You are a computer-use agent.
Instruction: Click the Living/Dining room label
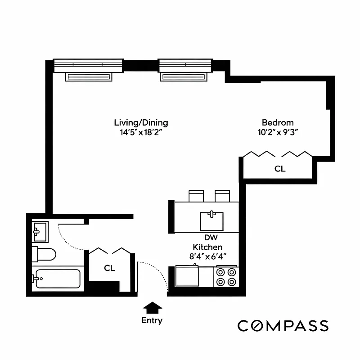[x=141, y=122]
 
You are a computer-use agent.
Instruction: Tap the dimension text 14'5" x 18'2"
[x=141, y=132]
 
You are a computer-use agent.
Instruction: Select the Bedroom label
[x=278, y=122]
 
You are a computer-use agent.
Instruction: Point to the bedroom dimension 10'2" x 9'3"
[x=278, y=132]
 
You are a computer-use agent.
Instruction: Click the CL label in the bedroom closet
[x=280, y=169]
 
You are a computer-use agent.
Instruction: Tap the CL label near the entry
[x=109, y=268]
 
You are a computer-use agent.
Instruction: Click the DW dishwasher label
[x=208, y=238]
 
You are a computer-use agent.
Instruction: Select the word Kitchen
[x=207, y=247]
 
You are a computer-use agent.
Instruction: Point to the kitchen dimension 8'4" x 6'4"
[x=207, y=256]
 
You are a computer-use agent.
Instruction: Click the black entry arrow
[x=152, y=307]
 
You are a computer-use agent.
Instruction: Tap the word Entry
[x=152, y=321]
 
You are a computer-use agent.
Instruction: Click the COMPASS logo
[x=283, y=325]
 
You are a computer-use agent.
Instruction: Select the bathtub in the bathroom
[x=57, y=279]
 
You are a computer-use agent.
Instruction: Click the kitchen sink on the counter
[x=211, y=220]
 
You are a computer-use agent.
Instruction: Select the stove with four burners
[x=226, y=277]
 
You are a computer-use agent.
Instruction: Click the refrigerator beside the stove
[x=187, y=276]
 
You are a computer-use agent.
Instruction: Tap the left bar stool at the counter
[x=196, y=196]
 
